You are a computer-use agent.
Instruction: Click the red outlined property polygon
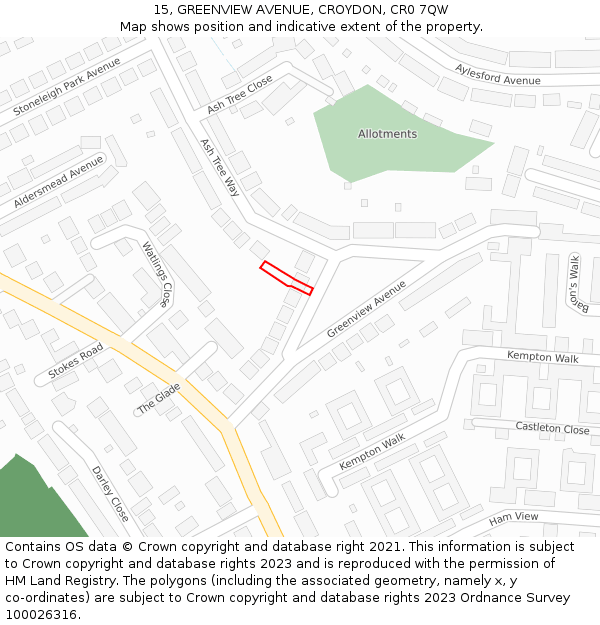[x=287, y=277]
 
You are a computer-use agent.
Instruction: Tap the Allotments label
[x=387, y=134]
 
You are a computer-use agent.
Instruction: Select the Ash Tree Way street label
[x=220, y=168]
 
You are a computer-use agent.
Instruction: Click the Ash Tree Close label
[x=240, y=93]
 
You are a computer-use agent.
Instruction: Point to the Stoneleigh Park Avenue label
[x=67, y=86]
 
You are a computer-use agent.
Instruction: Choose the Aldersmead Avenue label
[x=58, y=182]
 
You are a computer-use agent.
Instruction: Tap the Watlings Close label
[x=157, y=274]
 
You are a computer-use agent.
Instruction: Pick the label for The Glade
[x=159, y=398]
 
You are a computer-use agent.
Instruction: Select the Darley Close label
[x=110, y=494]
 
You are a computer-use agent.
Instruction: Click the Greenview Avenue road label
[x=366, y=308]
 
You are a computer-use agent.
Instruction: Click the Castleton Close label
[x=552, y=428]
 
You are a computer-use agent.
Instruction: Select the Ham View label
[x=513, y=518]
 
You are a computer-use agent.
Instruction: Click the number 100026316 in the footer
[x=42, y=614]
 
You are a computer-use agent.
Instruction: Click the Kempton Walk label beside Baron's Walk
[x=542, y=356]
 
